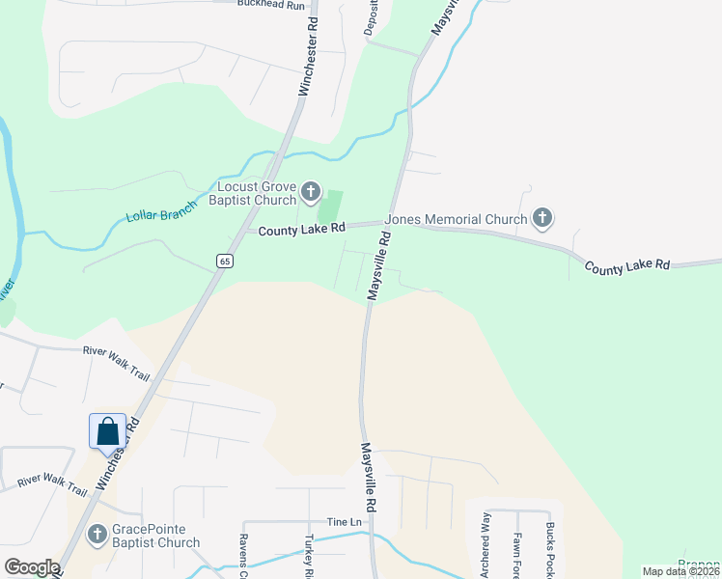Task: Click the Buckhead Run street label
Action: pos(271,5)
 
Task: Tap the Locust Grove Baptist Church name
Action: pos(256,193)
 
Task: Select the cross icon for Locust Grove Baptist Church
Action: pos(310,192)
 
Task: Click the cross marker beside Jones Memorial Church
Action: pos(542,219)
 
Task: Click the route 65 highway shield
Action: pos(224,261)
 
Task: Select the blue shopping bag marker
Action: pos(108,431)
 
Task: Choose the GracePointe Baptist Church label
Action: pos(156,536)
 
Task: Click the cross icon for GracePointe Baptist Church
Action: pos(97,534)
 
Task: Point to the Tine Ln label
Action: pos(344,521)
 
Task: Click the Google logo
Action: pos(32,567)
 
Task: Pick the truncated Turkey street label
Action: pos(309,556)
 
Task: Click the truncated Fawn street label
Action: pos(517,556)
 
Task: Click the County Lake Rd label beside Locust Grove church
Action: pos(301,228)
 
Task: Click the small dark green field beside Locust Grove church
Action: pos(330,205)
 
